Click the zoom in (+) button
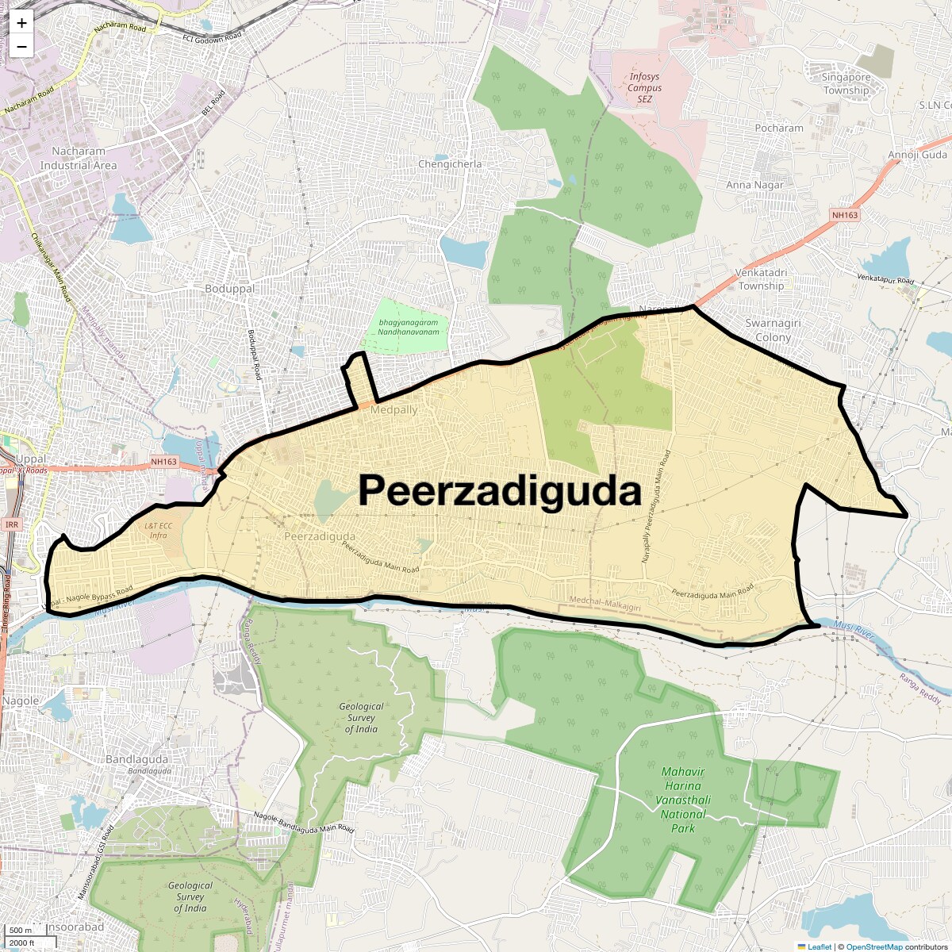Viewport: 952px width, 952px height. [x=21, y=24]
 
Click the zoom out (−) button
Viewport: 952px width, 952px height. [x=21, y=46]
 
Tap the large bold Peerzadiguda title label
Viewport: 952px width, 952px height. [x=499, y=491]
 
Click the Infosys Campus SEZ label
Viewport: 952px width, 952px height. [x=644, y=88]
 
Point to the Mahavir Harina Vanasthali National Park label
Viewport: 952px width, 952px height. [x=683, y=800]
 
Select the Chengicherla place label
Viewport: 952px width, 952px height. [x=450, y=164]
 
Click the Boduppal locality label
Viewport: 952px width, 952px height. [x=229, y=289]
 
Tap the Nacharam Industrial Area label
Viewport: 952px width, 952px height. [x=79, y=158]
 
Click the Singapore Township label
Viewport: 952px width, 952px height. [x=846, y=83]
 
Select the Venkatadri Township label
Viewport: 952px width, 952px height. [x=761, y=279]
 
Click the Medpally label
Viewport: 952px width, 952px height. [x=393, y=410]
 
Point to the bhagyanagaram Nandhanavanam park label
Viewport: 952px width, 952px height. [x=409, y=327]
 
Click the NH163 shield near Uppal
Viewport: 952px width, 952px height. [x=164, y=462]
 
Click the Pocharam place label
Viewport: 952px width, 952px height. [x=779, y=128]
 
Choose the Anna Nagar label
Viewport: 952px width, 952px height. [x=754, y=185]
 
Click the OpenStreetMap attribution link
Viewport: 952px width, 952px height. [x=873, y=946]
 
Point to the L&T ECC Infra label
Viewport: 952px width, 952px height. [x=158, y=531]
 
